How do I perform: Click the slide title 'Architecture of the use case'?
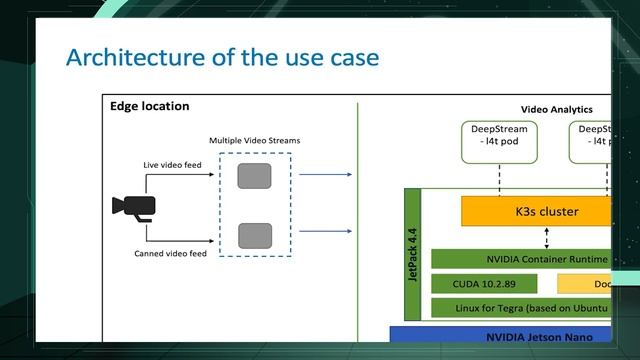point(222,57)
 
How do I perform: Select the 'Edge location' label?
point(149,106)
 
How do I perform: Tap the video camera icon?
point(133,206)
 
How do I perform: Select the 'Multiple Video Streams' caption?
point(254,141)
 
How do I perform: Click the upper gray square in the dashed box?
point(254,177)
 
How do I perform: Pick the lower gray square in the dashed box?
point(254,236)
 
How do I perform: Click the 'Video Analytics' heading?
point(556,109)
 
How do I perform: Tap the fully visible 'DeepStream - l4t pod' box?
point(499,141)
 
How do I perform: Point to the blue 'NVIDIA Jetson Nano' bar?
point(500,336)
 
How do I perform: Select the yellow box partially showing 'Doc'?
point(584,283)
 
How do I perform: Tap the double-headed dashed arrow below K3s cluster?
point(546,238)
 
